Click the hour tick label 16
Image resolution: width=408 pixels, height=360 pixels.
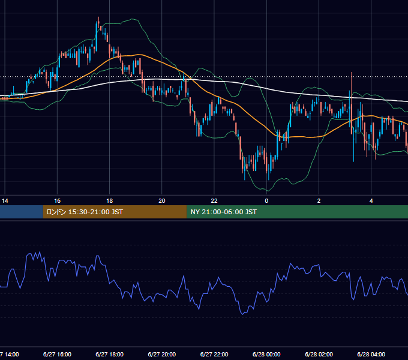pos(57,201)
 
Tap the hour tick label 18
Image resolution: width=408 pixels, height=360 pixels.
pos(110,201)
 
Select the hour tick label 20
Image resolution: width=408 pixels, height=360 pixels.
pos(162,201)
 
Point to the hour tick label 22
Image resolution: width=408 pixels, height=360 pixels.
pos(214,201)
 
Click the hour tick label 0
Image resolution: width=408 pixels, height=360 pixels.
pos(266,201)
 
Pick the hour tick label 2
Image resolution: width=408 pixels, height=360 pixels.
pos(319,201)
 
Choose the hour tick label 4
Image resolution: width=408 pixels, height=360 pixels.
pos(371,201)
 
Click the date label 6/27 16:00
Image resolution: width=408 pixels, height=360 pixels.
pos(57,354)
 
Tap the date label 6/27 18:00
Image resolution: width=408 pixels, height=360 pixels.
pos(110,354)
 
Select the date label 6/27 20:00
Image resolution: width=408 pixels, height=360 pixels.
pos(162,354)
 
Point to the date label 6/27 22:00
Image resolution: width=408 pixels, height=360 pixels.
pos(214,354)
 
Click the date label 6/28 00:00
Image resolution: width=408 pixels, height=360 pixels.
pos(266,354)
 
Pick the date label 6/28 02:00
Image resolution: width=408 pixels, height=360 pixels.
pos(319,354)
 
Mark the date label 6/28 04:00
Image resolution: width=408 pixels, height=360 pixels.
pos(371,354)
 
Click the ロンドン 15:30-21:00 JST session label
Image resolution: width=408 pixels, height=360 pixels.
pos(85,212)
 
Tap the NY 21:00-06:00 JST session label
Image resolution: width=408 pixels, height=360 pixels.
pos(224,212)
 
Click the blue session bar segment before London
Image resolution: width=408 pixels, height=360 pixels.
pos(22,212)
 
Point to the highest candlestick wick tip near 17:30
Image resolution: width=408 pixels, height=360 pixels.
pos(98,17)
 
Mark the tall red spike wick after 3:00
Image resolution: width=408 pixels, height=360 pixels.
pos(352,73)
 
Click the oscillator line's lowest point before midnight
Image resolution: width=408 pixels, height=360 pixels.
pos(243,314)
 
